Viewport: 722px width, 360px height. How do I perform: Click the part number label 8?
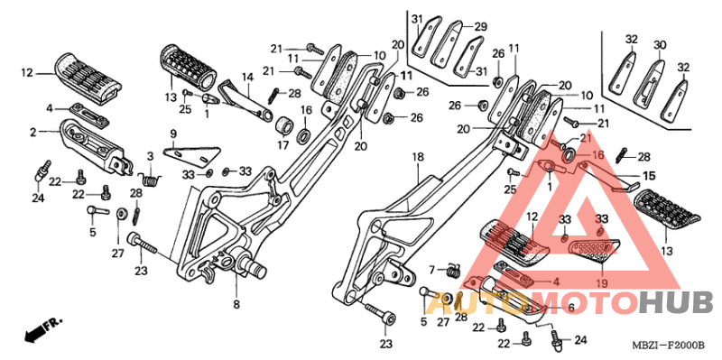click(236, 304)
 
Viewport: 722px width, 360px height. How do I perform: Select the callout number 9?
click(173, 134)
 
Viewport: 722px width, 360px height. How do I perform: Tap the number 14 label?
click(248, 78)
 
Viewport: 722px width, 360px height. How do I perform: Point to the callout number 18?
click(418, 157)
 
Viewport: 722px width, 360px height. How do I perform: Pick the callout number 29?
click(481, 27)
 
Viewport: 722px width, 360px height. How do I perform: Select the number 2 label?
click(32, 133)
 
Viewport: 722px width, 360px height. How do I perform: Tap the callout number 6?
click(571, 308)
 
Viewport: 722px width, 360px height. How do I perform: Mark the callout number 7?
click(432, 268)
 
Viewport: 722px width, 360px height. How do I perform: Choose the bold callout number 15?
click(649, 176)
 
